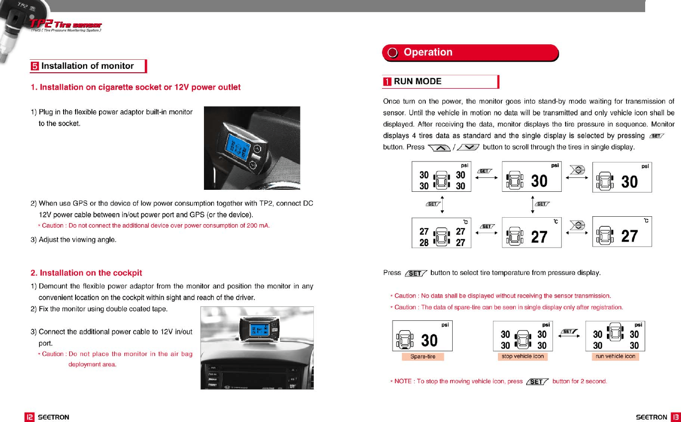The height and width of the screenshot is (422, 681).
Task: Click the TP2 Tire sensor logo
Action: click(x=66, y=25)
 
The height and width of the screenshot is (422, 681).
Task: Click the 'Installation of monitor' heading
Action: click(x=87, y=66)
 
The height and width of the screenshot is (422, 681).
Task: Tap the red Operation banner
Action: click(x=470, y=52)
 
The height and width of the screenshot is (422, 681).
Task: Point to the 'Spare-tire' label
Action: click(x=422, y=357)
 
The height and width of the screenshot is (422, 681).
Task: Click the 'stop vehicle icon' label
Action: click(x=522, y=356)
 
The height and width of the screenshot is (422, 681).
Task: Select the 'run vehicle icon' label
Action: click(x=615, y=356)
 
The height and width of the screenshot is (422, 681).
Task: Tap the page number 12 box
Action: click(x=30, y=417)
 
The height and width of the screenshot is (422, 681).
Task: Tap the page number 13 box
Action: click(x=675, y=417)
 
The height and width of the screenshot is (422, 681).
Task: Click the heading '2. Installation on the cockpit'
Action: click(x=86, y=273)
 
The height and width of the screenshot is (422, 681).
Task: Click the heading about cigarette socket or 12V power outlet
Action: click(x=135, y=87)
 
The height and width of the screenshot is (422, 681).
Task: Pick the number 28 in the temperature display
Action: click(x=424, y=243)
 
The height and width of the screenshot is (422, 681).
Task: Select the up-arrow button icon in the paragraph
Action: click(x=438, y=147)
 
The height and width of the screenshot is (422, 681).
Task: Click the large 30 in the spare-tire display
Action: click(x=429, y=340)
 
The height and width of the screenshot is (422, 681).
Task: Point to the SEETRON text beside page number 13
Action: click(x=652, y=417)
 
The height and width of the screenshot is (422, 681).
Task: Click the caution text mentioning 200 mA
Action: click(x=154, y=226)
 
